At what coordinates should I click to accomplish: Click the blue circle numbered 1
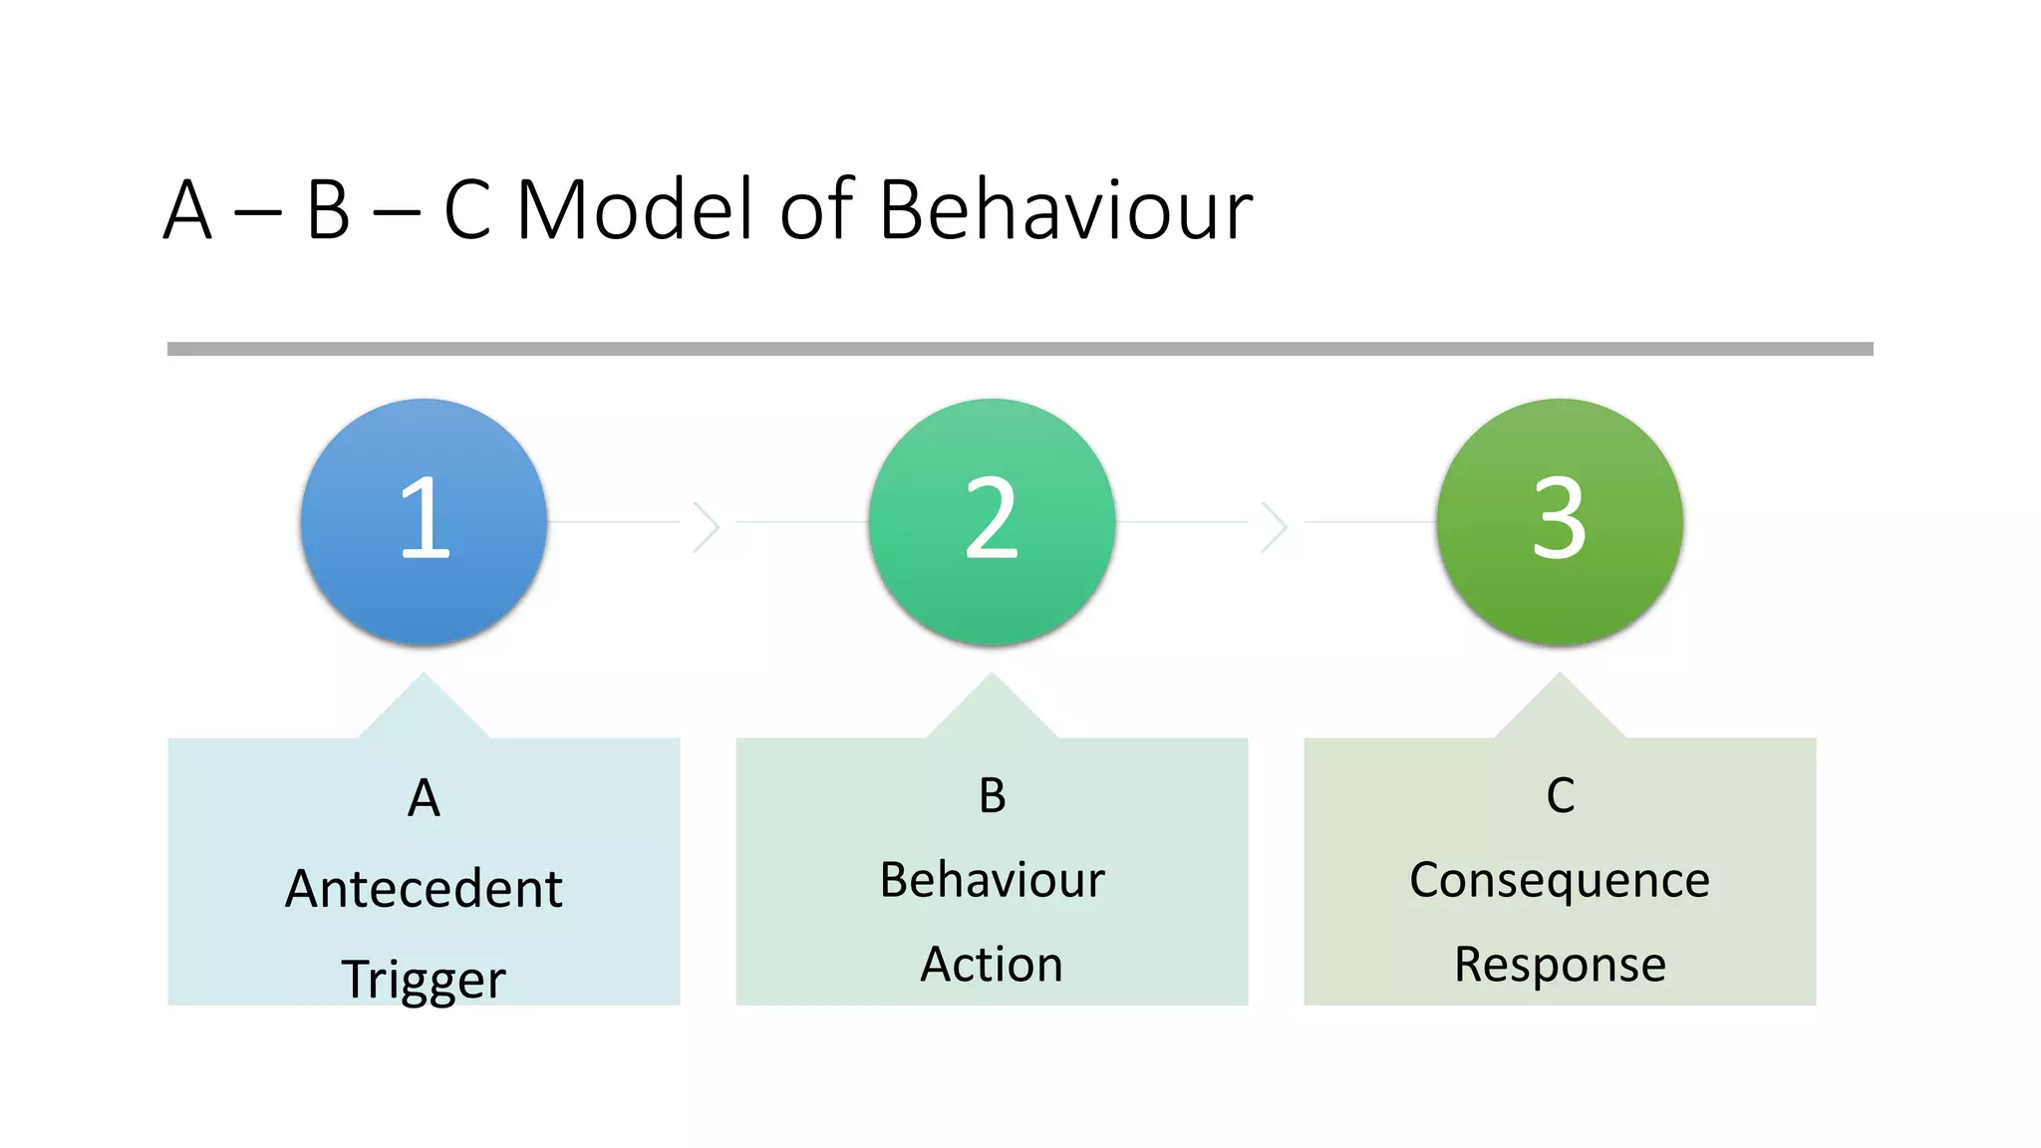tap(424, 521)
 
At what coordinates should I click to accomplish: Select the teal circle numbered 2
tap(992, 521)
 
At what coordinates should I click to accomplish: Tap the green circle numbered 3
tap(1560, 521)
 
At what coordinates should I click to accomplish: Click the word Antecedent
tap(424, 888)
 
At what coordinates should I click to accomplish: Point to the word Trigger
tap(424, 980)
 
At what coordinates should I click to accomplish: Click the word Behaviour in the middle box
tap(992, 880)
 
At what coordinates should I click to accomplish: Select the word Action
tap(992, 964)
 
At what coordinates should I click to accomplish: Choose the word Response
tap(1560, 965)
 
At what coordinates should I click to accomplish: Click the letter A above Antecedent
tap(424, 798)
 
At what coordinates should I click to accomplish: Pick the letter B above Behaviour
tap(992, 796)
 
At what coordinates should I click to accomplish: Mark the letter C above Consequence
tap(1560, 796)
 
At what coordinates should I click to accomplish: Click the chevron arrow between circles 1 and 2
tap(707, 527)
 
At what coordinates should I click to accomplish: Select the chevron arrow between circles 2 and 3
tap(1275, 527)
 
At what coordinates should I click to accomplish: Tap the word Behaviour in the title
tap(1065, 210)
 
